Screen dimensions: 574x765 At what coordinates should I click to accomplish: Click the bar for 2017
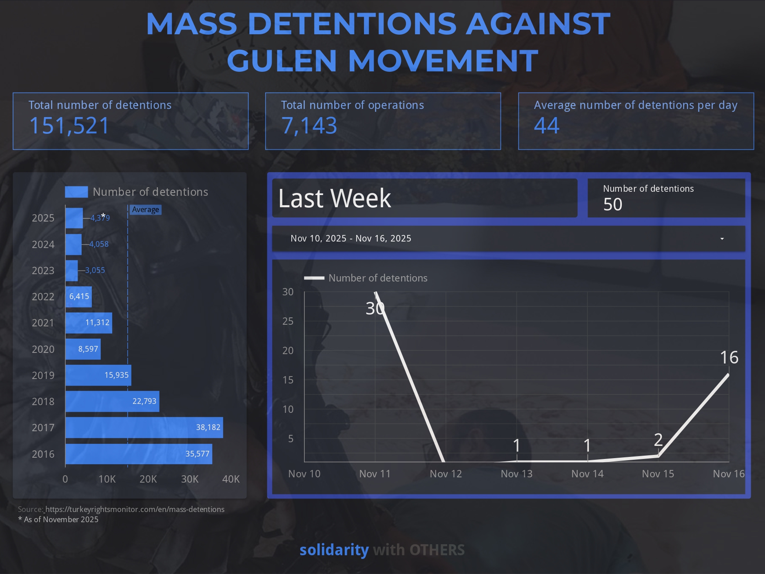coord(144,428)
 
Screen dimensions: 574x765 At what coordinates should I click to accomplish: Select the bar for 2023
coord(71,270)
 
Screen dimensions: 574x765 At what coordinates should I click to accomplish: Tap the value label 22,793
coord(144,401)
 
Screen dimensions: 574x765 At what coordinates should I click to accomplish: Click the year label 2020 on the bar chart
coord(43,349)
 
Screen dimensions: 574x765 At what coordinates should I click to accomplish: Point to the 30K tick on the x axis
coord(190,479)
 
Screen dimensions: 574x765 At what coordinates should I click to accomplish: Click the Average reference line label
coord(145,210)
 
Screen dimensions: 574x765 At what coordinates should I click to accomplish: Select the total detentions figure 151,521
coord(69,125)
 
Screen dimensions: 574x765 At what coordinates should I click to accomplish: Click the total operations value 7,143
coord(309,125)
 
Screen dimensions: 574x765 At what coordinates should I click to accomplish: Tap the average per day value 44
coord(547,125)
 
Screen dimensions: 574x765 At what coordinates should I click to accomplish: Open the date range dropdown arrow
coord(722,239)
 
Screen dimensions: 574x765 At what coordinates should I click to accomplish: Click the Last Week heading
coord(335,199)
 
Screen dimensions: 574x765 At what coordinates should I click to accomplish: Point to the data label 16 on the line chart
coord(729,357)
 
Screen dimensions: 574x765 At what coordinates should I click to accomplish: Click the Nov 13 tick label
coord(517,474)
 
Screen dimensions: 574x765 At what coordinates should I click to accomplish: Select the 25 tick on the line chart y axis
coord(288,321)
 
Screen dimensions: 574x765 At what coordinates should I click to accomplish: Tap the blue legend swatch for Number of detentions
coord(76,192)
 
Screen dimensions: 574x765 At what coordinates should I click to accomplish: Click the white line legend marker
coord(314,278)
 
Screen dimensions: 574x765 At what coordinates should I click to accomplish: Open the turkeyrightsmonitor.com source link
coord(135,509)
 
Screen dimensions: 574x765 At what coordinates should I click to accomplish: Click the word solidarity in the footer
coord(334,550)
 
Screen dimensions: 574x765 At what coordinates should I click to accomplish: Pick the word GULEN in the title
coord(281,60)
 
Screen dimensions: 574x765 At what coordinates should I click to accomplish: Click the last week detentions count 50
coord(612,204)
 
